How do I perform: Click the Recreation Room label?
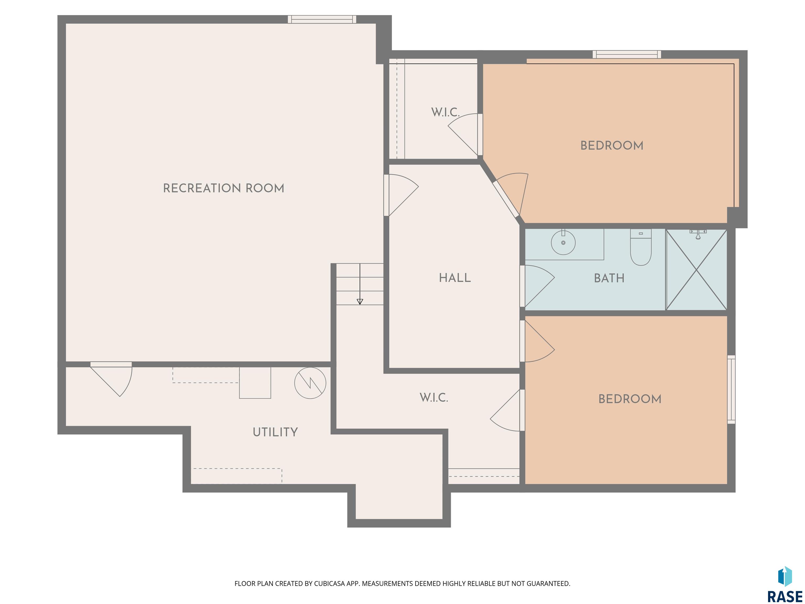pos(224,188)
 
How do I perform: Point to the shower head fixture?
pos(698,234)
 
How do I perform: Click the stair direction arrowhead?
pos(360,301)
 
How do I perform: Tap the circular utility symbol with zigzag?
pos(310,383)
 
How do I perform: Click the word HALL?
pos(455,278)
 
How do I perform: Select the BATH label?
pos(609,278)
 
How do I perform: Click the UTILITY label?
pos(275,432)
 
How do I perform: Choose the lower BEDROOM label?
pos(630,399)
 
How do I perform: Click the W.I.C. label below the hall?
pos(434,398)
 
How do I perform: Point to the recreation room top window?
pos(322,19)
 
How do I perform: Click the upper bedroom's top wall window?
pos(627,55)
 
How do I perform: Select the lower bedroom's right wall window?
pos(731,390)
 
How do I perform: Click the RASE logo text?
pos(785,597)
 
